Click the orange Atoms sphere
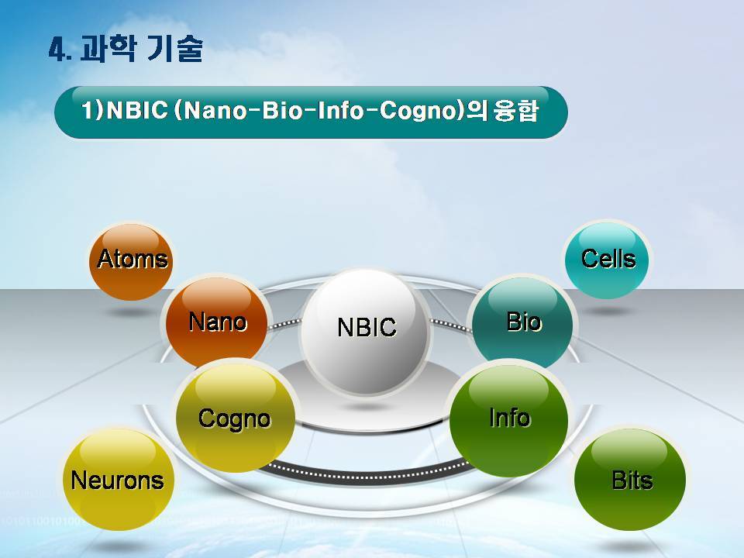coord(131,261)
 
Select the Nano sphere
coord(216,322)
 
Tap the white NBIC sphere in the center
coord(365,331)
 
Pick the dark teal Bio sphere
coord(522,322)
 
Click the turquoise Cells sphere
coord(607,260)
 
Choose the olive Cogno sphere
coord(236,417)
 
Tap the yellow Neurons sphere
coord(118,479)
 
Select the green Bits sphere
coord(630,479)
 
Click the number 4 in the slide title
coord(57,50)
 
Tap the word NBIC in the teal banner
coord(138,111)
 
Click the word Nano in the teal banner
coord(215,111)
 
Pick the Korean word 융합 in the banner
coord(516,111)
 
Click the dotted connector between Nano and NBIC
coord(284,324)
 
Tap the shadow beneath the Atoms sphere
coord(131,312)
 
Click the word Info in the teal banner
coord(341,111)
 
